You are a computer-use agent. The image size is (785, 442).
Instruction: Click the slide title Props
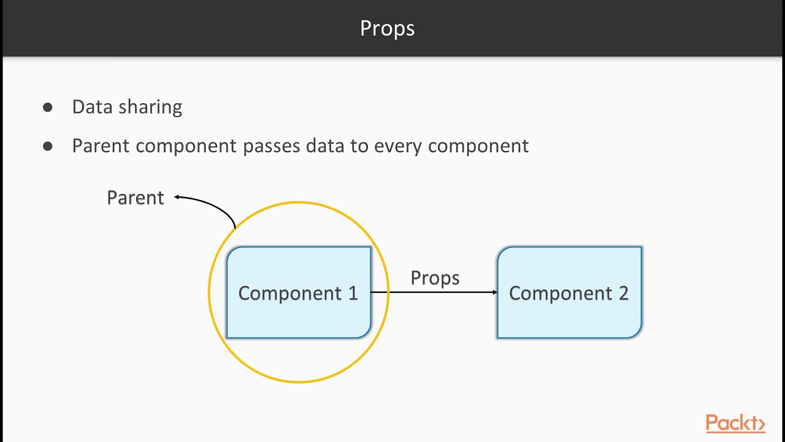[x=387, y=28]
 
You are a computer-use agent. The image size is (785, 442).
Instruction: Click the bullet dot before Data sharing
[x=48, y=107]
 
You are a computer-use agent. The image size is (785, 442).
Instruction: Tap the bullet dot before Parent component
[x=48, y=147]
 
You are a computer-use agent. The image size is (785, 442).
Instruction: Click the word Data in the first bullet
[x=92, y=107]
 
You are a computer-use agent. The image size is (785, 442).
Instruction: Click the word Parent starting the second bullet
[x=101, y=146]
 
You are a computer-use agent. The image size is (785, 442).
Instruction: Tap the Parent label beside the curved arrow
[x=136, y=198]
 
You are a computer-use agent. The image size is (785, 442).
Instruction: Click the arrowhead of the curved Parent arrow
[x=177, y=197]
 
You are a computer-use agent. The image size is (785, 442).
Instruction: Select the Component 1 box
[x=299, y=293]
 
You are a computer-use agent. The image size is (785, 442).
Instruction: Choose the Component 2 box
[x=569, y=293]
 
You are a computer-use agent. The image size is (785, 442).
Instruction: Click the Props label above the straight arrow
[x=435, y=277]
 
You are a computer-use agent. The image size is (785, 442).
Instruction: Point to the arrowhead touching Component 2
[x=494, y=292]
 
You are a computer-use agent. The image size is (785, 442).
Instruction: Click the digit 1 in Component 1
[x=353, y=293]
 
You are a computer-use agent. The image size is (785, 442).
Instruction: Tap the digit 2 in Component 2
[x=623, y=293]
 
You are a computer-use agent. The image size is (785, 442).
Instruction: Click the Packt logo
[x=735, y=424]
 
